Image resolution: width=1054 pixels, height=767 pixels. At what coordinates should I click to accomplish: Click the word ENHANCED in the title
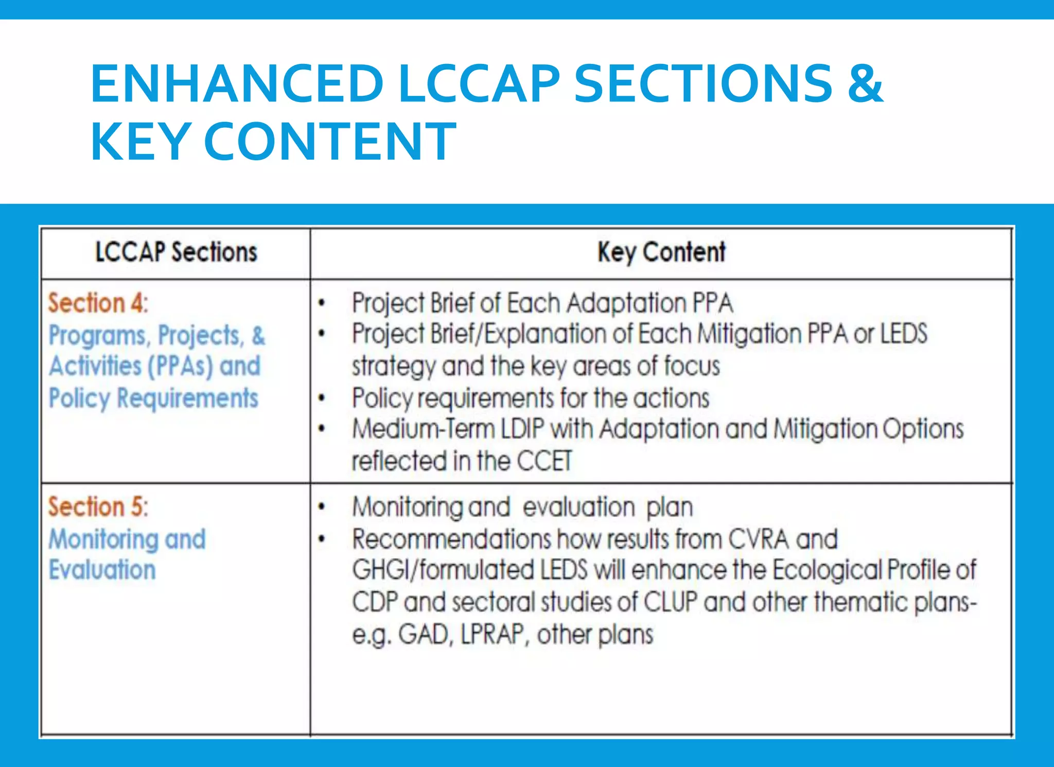pos(237,84)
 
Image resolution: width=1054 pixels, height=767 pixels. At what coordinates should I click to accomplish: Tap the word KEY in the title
pos(140,141)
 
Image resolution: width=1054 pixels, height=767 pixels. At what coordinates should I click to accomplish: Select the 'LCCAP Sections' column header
pos(176,252)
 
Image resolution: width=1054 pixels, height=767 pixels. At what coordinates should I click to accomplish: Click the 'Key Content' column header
pos(661,252)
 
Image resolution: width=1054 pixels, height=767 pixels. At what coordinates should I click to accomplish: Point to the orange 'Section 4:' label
pos(98,303)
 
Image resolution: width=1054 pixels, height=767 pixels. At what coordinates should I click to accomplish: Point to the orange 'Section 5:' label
pos(98,507)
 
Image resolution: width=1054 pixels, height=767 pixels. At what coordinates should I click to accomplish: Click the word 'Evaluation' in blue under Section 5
pos(102,570)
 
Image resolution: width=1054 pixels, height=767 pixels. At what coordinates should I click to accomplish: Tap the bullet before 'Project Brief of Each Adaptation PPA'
pos(322,303)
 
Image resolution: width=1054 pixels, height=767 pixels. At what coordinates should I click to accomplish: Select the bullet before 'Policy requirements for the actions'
pos(322,398)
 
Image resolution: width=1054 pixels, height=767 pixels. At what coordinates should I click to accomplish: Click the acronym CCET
pos(544,461)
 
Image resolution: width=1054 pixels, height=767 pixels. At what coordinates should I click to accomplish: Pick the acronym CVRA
pos(759,539)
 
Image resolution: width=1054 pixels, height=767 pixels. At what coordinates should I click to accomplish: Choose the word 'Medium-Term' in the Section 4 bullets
pos(423,430)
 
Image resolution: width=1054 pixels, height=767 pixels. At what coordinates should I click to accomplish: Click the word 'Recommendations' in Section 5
pos(451,539)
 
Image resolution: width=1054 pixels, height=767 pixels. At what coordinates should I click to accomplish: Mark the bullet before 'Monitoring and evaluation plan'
pos(322,507)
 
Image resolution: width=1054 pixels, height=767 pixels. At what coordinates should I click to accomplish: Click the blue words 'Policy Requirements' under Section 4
pos(153,398)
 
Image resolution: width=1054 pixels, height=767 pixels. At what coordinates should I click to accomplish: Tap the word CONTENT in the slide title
pos(330,141)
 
